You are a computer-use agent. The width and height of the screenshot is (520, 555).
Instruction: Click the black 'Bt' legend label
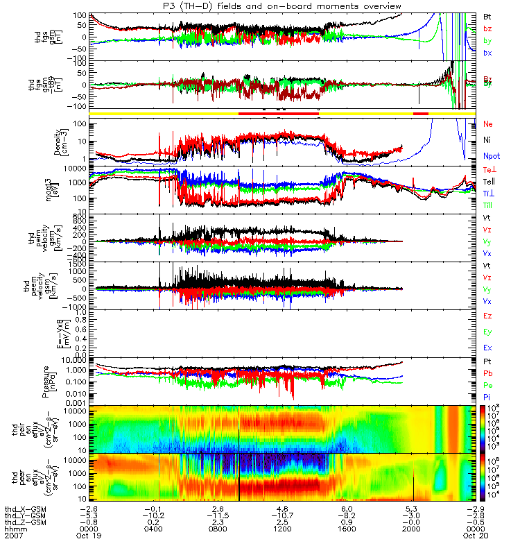click(x=488, y=16)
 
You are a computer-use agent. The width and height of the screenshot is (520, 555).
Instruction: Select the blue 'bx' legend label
click(x=488, y=53)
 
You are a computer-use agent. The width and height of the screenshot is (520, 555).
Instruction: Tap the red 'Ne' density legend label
click(x=489, y=123)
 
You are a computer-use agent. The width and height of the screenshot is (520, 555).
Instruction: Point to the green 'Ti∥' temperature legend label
click(x=489, y=205)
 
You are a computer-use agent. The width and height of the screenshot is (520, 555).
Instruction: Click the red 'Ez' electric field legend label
click(x=489, y=316)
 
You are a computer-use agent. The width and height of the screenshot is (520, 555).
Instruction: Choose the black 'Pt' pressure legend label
click(x=488, y=362)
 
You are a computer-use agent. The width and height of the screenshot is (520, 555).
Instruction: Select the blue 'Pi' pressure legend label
click(x=488, y=396)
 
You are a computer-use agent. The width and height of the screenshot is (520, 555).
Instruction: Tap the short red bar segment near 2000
click(x=421, y=113)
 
